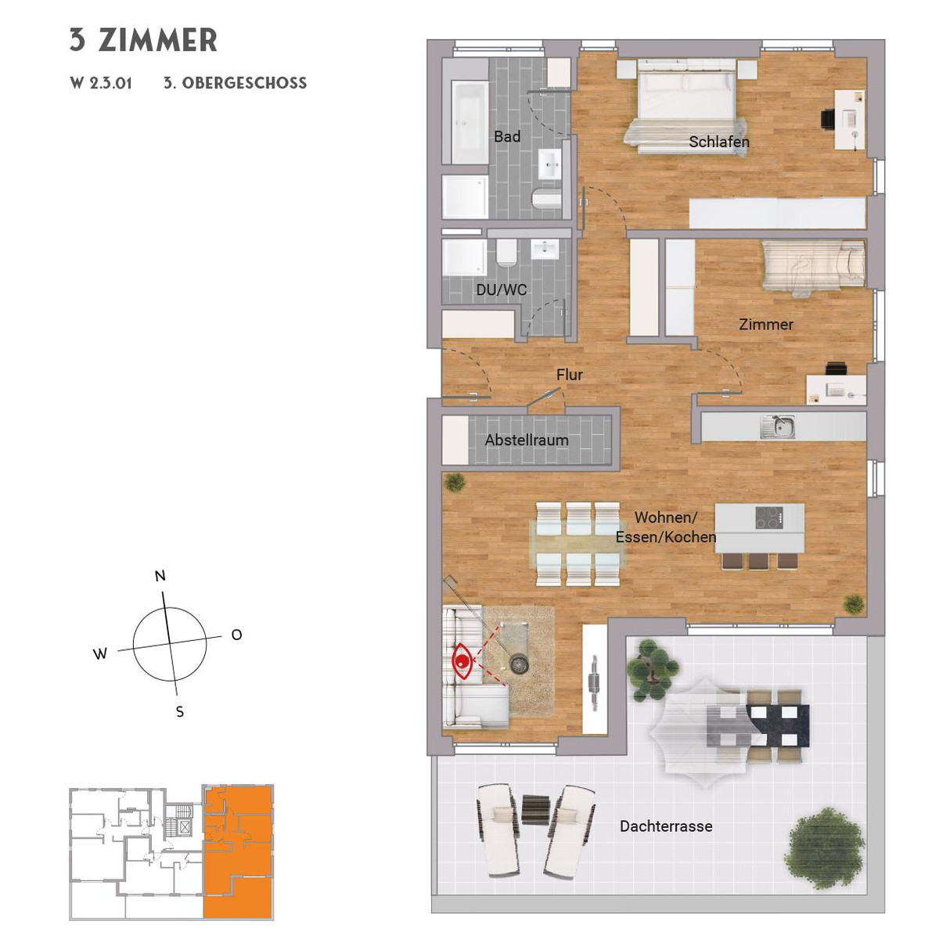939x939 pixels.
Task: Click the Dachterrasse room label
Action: click(x=666, y=826)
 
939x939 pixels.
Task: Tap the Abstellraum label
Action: click(x=527, y=440)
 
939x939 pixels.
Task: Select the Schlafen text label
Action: click(x=719, y=142)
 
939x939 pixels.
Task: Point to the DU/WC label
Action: click(x=502, y=290)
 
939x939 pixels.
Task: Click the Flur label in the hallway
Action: click(x=569, y=375)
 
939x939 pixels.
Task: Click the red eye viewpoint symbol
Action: click(x=462, y=660)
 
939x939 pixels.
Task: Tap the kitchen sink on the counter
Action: click(x=777, y=426)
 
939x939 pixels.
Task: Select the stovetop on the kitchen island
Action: click(x=769, y=517)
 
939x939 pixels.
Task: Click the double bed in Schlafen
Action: click(x=686, y=106)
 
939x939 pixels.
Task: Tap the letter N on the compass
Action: click(x=160, y=576)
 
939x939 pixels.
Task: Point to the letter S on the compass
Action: click(x=180, y=712)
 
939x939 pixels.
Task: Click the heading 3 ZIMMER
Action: click(x=143, y=40)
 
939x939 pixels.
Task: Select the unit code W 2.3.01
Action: click(x=101, y=83)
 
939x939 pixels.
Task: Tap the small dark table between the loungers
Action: click(x=536, y=809)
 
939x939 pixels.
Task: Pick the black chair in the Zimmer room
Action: click(x=836, y=369)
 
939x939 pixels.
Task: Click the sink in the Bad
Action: click(x=550, y=164)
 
